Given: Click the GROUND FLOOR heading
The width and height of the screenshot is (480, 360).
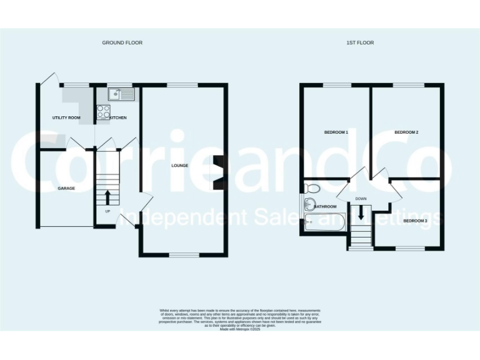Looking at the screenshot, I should tap(122, 42).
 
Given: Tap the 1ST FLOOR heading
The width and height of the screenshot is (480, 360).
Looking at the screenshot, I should tap(360, 42).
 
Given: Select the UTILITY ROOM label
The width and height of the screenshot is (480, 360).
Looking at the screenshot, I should tap(66, 117).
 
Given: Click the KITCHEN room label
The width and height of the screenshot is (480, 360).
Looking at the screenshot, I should tap(119, 117).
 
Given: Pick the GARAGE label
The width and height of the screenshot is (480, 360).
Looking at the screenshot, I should tap(67, 187).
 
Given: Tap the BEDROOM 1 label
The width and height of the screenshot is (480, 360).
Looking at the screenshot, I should tap(336, 132).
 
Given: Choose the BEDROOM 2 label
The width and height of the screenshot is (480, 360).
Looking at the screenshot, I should tap(406, 132).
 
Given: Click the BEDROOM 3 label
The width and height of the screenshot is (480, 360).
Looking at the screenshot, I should tap(415, 221).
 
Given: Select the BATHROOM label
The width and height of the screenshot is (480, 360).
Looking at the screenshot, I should tap(326, 206).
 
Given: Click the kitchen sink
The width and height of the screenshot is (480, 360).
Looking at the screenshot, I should tap(121, 94).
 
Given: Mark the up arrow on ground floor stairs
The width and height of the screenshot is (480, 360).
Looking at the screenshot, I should tap(107, 197).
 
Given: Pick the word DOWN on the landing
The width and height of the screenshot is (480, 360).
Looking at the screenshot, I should tap(361, 199).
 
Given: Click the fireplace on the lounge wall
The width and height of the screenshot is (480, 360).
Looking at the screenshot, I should tap(217, 172).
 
